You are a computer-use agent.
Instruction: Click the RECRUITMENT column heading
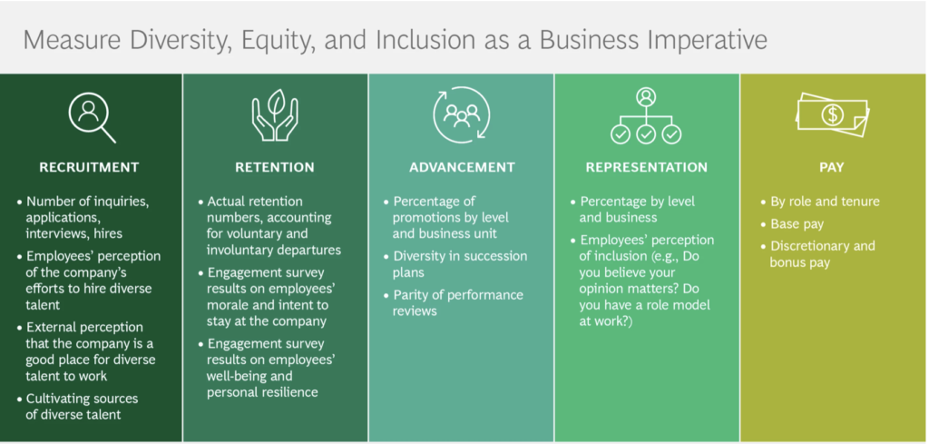(89, 167)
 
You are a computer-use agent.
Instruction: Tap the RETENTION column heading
(275, 167)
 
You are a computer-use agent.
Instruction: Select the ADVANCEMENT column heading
(462, 167)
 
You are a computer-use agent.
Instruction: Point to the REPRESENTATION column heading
(646, 167)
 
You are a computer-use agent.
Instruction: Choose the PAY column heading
(832, 167)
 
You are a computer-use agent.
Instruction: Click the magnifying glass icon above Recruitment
(92, 117)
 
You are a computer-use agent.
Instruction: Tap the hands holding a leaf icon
(275, 115)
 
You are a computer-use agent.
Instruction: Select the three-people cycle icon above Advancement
(462, 115)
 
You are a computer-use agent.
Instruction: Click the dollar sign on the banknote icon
(832, 114)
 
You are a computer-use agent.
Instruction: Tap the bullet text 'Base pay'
(797, 224)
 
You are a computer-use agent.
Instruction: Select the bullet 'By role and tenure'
(825, 202)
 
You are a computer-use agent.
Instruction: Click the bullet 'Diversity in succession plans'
(460, 264)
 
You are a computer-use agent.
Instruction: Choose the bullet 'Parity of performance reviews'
(458, 302)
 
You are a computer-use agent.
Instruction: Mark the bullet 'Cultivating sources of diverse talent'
(82, 406)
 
